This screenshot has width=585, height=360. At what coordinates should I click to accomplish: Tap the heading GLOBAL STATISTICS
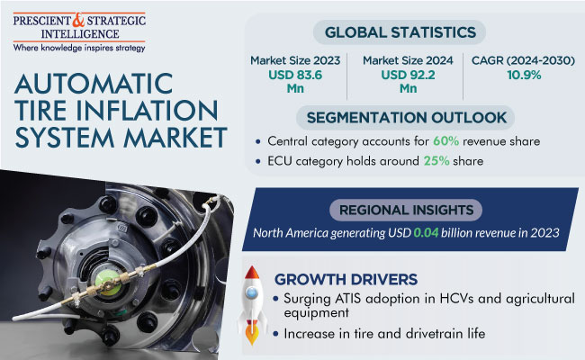pos(400,32)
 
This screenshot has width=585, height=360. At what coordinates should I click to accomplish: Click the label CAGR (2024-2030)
pos(520,60)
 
